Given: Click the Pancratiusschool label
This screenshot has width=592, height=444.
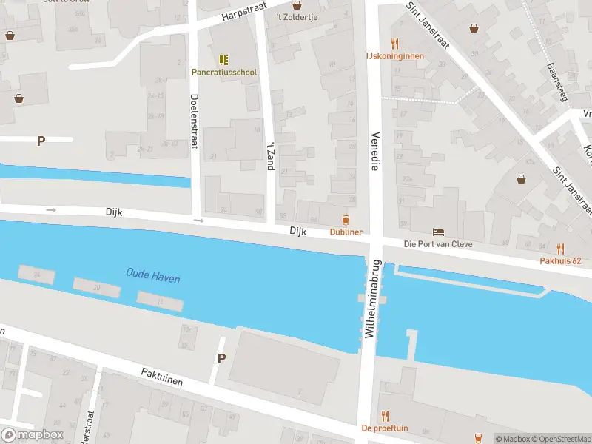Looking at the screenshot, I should [224, 73].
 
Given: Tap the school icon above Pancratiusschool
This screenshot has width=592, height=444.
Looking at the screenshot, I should [223, 59].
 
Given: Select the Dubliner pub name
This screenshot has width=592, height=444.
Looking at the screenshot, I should [346, 232].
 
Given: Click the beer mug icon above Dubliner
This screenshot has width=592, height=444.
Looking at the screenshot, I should [345, 219].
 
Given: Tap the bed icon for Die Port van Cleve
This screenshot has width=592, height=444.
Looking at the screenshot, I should [438, 232].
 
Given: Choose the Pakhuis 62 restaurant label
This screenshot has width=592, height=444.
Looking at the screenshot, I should [560, 261].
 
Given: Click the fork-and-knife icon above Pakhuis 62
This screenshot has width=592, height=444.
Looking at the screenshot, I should [560, 249].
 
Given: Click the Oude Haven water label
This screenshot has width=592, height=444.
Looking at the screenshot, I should [153, 277].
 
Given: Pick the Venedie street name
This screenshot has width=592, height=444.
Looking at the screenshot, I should [375, 152].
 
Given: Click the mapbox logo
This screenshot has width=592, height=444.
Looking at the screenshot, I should [32, 435].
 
